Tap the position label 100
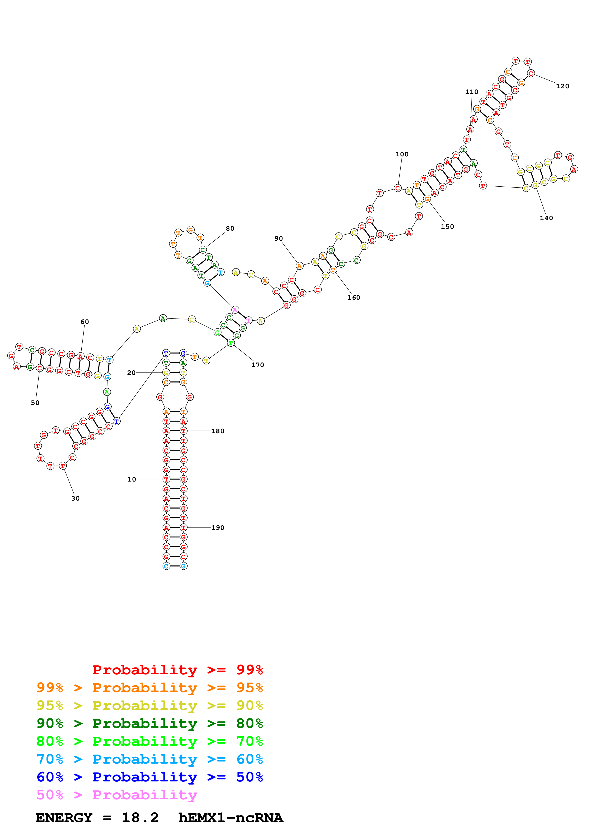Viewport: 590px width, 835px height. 402,154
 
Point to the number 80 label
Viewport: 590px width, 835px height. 230,229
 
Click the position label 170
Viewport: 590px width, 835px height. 257,365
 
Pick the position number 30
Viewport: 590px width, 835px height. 75,498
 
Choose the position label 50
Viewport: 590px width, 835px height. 35,403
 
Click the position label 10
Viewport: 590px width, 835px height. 132,479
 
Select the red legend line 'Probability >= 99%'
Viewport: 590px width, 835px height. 177,670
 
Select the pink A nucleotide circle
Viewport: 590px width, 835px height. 235,310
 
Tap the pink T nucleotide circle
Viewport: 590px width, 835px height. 248,320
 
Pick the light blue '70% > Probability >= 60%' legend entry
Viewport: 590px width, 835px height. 149,759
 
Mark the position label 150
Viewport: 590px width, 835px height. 447,227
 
